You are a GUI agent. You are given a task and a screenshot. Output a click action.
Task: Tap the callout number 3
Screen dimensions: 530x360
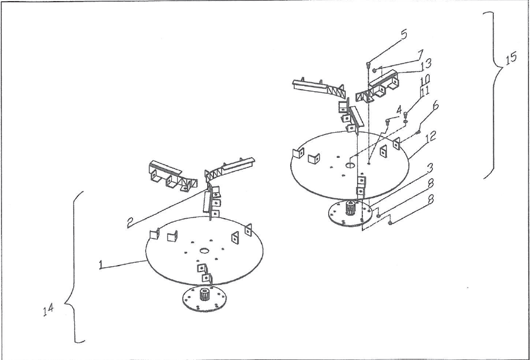(430, 168)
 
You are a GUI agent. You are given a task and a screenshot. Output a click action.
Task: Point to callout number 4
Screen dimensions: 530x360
(399, 110)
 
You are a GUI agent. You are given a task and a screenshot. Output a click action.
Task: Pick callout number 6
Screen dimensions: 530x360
(436, 106)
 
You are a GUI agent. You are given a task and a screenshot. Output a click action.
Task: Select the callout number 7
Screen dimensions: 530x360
(420, 54)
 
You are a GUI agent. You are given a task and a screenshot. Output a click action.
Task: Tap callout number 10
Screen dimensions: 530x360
(425, 79)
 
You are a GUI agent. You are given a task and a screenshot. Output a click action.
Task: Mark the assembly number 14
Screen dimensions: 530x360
(49, 310)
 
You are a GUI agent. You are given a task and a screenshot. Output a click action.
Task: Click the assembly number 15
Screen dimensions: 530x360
(511, 58)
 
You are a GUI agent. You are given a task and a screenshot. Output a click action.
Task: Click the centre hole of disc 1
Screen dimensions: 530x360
(204, 251)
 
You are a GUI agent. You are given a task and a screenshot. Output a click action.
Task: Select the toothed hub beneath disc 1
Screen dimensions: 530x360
(204, 294)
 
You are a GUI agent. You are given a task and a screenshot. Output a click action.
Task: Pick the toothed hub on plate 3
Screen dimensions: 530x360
(351, 207)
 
